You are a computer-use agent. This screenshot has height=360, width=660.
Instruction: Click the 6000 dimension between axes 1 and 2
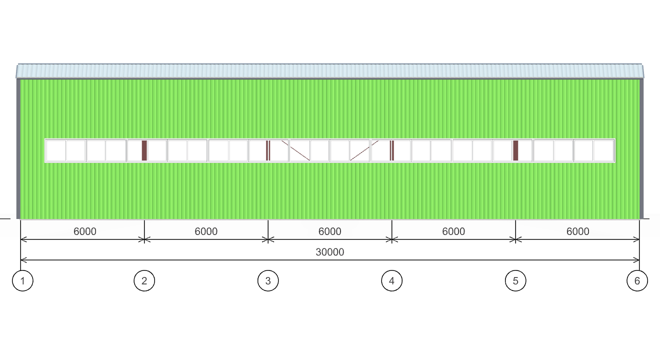pyautogui.click(x=85, y=231)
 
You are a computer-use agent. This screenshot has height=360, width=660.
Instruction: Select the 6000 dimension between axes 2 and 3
pyautogui.click(x=206, y=231)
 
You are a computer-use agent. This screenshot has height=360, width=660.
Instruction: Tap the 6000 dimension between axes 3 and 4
pyautogui.click(x=329, y=231)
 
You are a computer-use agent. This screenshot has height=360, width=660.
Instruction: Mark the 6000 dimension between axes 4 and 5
pyautogui.click(x=453, y=231)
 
